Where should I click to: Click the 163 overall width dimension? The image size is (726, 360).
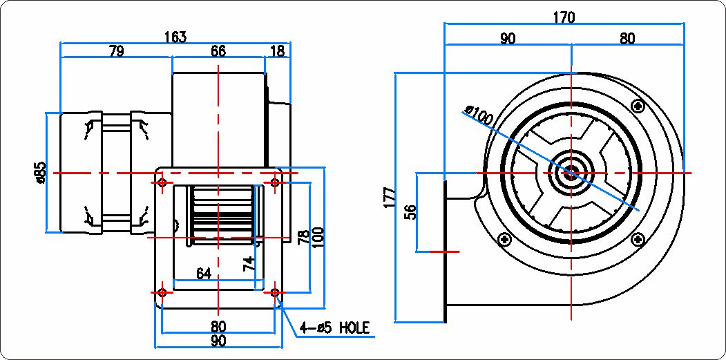pos(175,37)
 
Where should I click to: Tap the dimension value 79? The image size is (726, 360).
pos(116,51)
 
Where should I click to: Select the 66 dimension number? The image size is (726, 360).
pos(218,51)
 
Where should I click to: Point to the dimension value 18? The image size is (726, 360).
pos(277,51)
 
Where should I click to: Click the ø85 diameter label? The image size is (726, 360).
pos(40,173)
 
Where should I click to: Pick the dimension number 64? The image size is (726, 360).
pos(203,274)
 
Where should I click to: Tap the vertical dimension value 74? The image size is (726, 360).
pos(249,264)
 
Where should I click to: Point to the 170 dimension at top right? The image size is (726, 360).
pos(564,17)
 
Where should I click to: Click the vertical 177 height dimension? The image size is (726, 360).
pos(390,197)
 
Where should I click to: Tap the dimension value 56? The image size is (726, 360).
pos(411,211)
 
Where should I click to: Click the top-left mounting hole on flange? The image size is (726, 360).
pos(162,182)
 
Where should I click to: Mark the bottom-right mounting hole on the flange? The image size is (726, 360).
pos(275,292)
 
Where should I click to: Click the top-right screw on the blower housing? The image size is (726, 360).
pos(639,106)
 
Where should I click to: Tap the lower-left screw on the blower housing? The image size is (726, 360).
pos(504,239)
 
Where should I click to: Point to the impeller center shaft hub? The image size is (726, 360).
pos(571,173)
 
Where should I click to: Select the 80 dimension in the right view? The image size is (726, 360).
pos(627,39)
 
